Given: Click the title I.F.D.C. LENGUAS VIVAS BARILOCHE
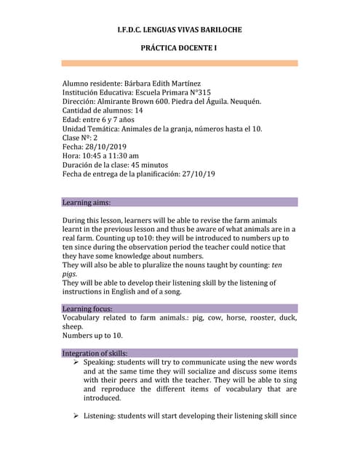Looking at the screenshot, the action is click(x=180, y=30).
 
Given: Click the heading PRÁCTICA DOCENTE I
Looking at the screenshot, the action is click(x=180, y=48).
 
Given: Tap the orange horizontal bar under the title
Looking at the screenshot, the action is click(x=180, y=63).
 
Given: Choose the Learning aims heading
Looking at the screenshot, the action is click(x=87, y=202).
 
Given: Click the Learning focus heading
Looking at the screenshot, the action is click(x=87, y=309).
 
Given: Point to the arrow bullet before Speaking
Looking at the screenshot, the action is click(x=76, y=362).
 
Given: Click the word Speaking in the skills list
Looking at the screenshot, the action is click(x=103, y=362).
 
